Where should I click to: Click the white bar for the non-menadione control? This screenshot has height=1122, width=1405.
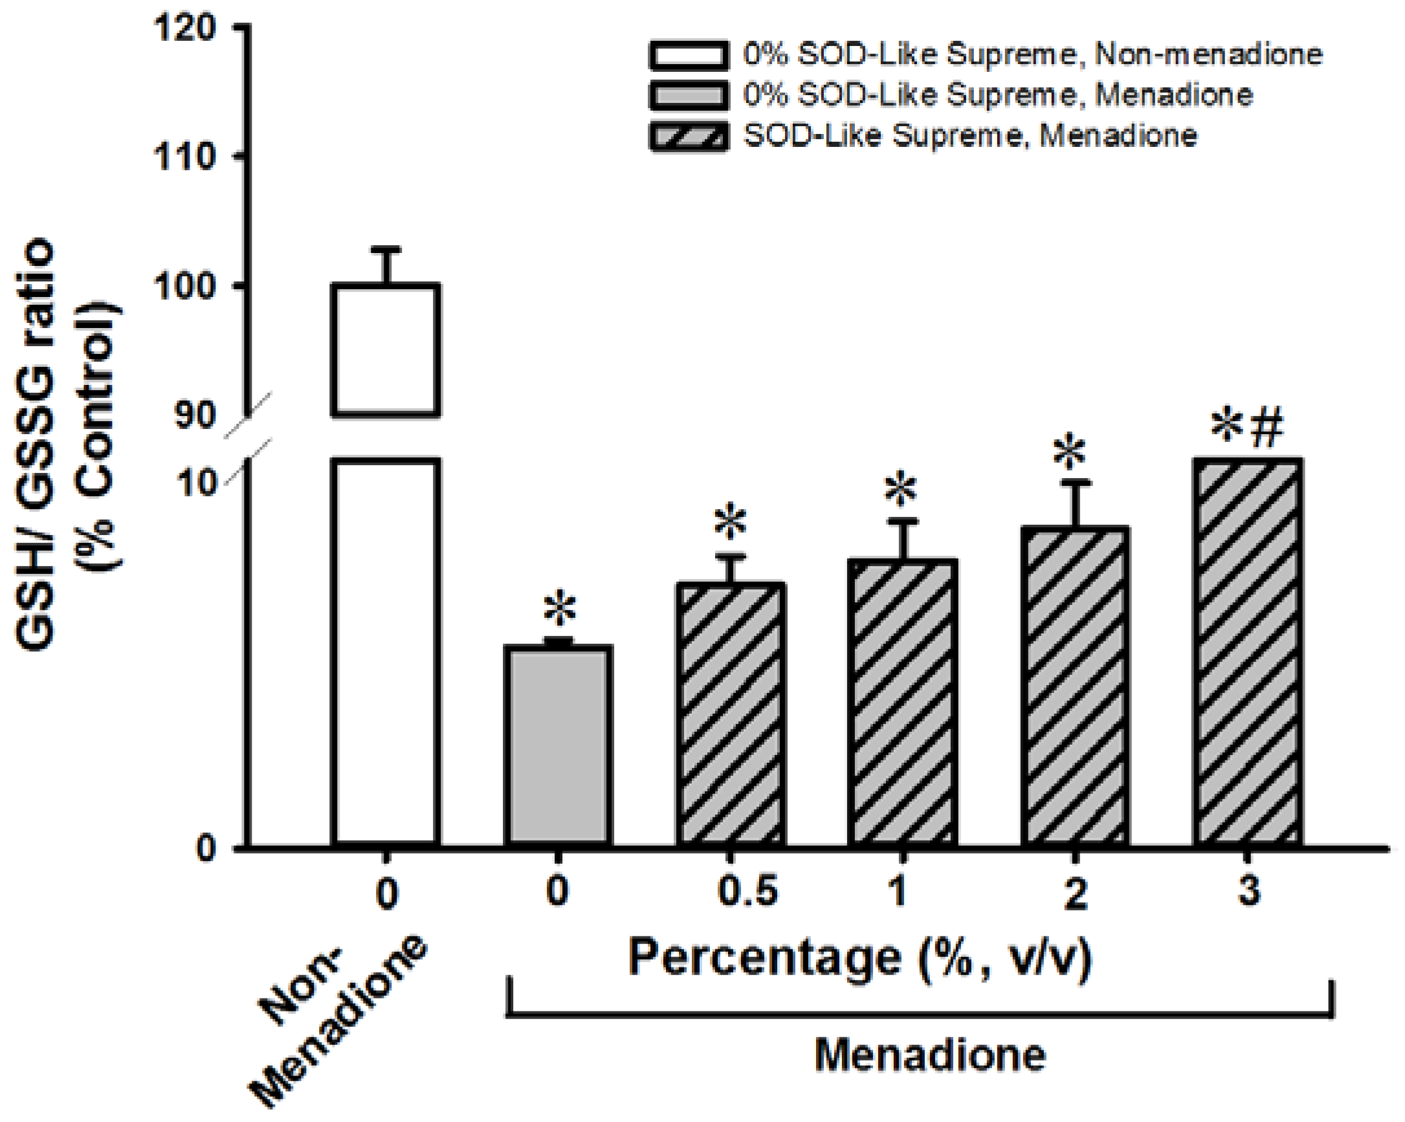point(386,652)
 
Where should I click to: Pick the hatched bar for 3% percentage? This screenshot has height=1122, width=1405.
point(1247,652)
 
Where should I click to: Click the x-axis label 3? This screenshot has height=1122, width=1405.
point(1248,891)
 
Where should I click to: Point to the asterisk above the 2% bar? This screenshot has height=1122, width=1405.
point(1069,452)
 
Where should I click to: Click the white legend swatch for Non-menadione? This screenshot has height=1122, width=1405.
point(688,56)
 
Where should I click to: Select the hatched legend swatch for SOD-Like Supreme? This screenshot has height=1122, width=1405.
point(688,136)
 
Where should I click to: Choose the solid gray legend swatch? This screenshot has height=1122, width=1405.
point(688,96)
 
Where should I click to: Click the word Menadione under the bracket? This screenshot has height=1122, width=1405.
point(929,1055)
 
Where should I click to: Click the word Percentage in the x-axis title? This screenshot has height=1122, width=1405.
point(764,958)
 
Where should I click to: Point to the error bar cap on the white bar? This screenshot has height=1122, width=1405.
point(386,250)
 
